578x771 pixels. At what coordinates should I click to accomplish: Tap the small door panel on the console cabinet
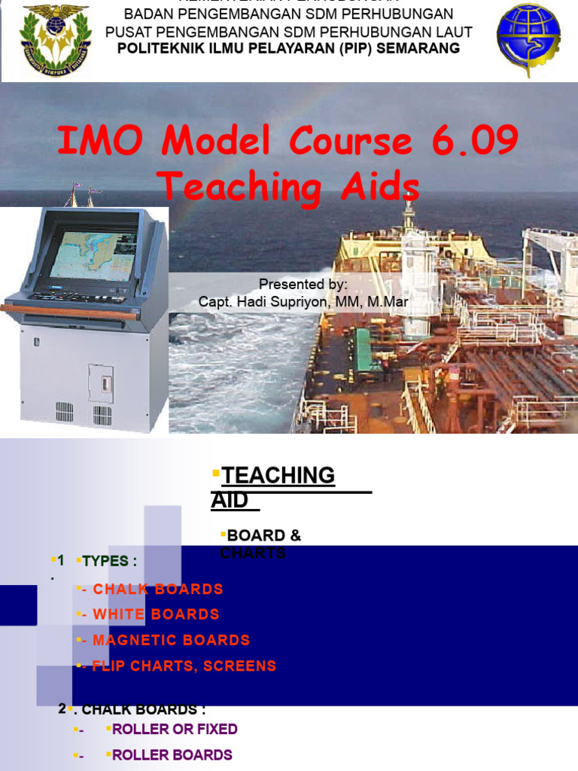[x=100, y=384]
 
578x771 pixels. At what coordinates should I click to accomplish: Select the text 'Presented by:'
[x=303, y=285]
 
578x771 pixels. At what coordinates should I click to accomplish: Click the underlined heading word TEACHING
[x=278, y=475]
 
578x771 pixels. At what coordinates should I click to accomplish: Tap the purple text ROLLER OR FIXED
[x=175, y=729]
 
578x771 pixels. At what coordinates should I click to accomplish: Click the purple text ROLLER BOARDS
[x=172, y=754]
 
